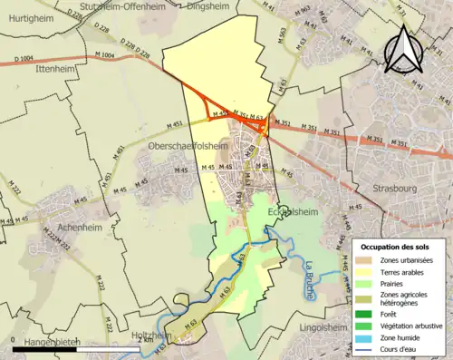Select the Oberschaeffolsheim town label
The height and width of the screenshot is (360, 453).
click(188, 145)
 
